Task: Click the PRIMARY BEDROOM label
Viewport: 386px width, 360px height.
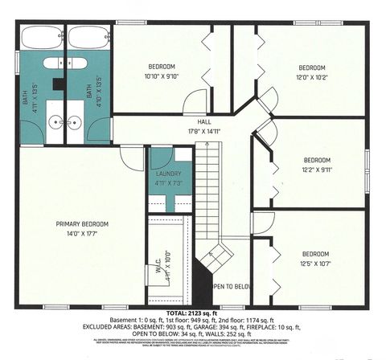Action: tap(82, 223)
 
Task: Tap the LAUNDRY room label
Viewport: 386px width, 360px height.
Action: tap(168, 174)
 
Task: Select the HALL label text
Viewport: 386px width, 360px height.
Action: tap(194, 123)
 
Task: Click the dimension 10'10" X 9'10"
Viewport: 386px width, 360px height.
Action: tap(162, 77)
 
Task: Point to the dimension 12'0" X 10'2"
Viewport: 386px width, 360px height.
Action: tap(312, 77)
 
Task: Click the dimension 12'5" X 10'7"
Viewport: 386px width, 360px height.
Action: tap(316, 263)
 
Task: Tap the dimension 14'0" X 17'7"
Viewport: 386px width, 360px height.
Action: tap(82, 234)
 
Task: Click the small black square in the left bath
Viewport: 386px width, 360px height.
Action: tap(58, 82)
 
